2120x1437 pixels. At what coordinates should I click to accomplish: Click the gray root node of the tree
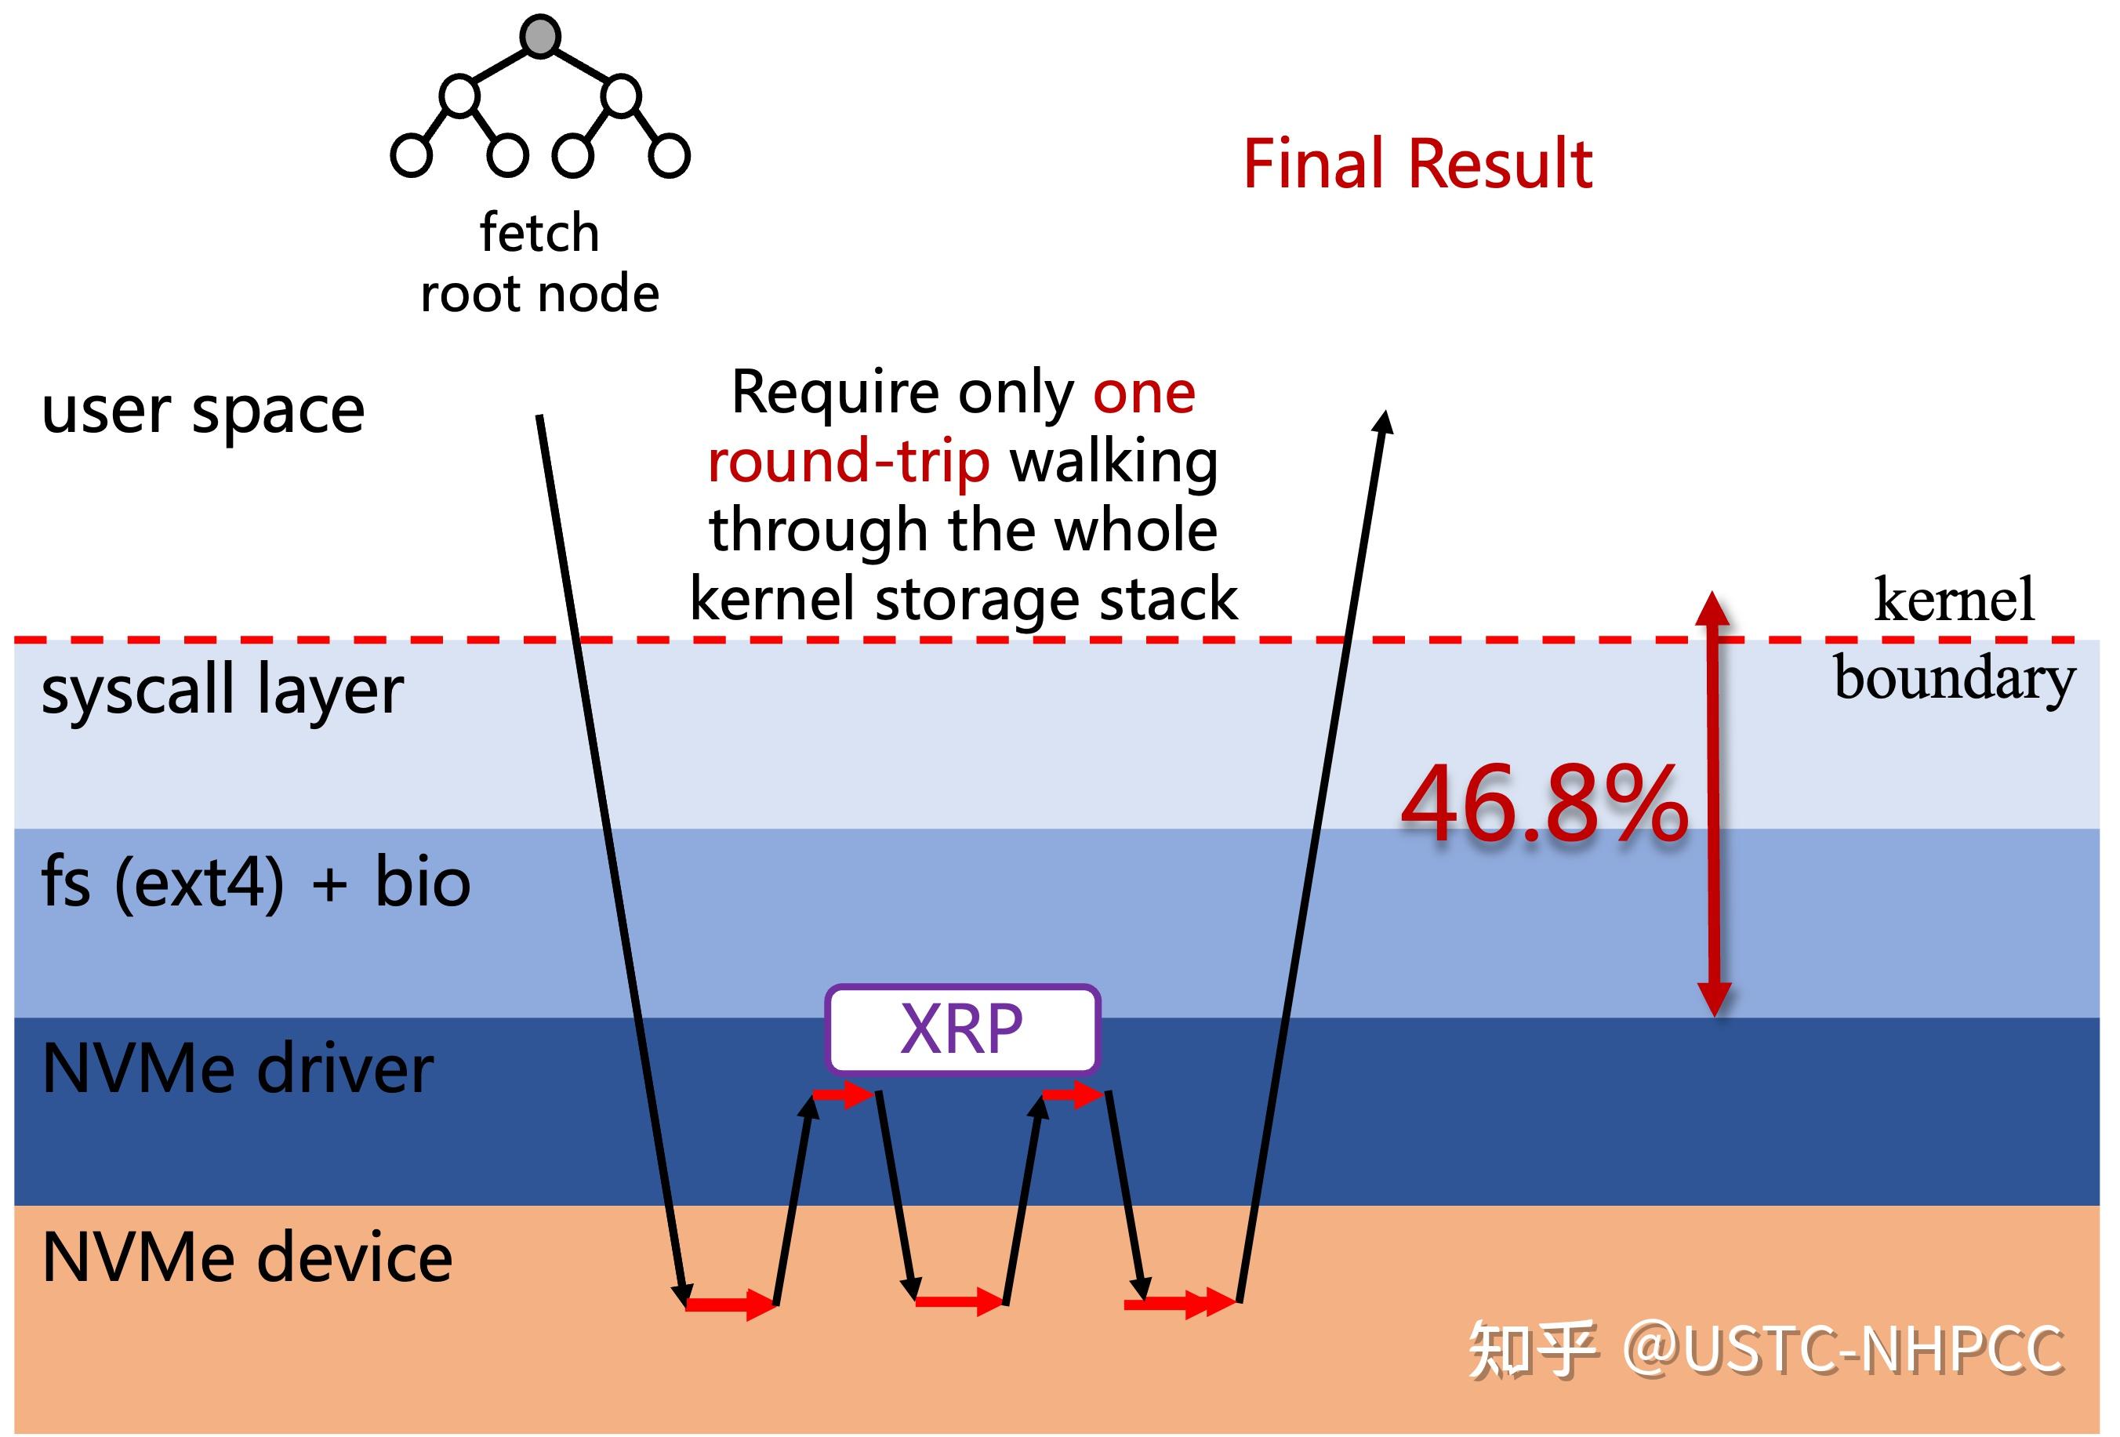pyautogui.click(x=540, y=37)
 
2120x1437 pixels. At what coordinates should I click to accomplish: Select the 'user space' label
pyautogui.click(x=202, y=411)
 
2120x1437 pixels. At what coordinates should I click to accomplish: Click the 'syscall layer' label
pyautogui.click(x=222, y=691)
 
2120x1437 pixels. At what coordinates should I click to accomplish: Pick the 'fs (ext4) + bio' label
pyautogui.click(x=256, y=884)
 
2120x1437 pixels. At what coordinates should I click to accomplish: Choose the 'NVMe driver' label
pyautogui.click(x=238, y=1069)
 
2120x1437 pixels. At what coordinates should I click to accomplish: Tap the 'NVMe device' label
pyautogui.click(x=246, y=1258)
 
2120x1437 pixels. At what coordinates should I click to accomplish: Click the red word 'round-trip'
pyautogui.click(x=848, y=462)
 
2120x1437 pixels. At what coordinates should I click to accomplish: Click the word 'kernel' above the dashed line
pyautogui.click(x=1954, y=601)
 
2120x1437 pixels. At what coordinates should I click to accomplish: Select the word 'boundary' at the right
pyautogui.click(x=1954, y=679)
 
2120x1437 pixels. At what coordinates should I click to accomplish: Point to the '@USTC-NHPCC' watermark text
pyautogui.click(x=1842, y=1349)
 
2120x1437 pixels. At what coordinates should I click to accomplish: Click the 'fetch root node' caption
pyautogui.click(x=539, y=263)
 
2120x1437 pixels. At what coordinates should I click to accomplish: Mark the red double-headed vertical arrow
pyautogui.click(x=1713, y=803)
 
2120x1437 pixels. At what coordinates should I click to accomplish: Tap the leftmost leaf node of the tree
pyautogui.click(x=411, y=155)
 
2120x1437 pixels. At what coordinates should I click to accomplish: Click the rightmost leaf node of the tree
pyautogui.click(x=669, y=155)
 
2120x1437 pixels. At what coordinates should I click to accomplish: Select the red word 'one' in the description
pyautogui.click(x=1144, y=394)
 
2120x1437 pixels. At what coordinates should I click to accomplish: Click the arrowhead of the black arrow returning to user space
pyautogui.click(x=1385, y=422)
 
